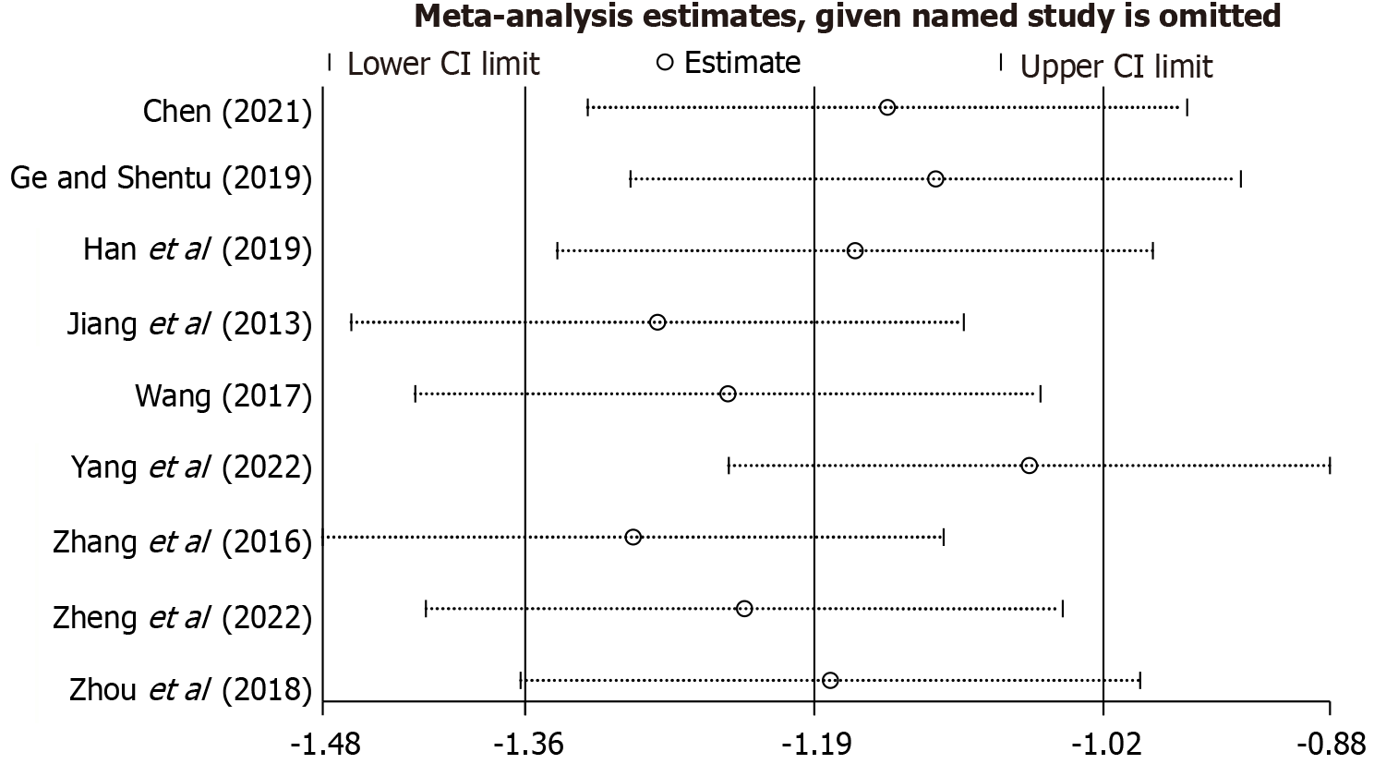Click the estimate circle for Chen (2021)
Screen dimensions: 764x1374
click(887, 107)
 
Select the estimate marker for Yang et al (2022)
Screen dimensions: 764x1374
click(1030, 465)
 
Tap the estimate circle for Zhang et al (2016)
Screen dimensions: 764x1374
click(633, 537)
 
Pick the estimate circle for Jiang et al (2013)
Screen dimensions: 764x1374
click(657, 322)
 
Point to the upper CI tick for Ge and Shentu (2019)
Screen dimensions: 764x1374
click(1240, 178)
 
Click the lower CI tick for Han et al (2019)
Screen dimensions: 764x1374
click(557, 250)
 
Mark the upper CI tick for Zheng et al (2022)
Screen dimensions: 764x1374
click(1063, 608)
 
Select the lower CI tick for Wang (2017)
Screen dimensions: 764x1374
click(416, 394)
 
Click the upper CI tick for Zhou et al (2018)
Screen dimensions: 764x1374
click(1140, 680)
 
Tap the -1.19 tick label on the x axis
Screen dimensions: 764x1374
click(814, 744)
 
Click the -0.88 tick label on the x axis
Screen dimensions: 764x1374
click(1330, 744)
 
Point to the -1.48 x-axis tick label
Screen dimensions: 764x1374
click(322, 744)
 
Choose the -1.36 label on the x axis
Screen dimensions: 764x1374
click(524, 744)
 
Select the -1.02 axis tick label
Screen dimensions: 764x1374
click(1103, 744)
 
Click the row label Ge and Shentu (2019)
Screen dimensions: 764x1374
click(161, 177)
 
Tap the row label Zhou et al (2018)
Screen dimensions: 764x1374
click(190, 689)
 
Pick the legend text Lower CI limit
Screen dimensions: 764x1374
click(443, 64)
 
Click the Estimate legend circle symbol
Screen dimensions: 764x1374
click(664, 63)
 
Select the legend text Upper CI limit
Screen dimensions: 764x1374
click(1115, 67)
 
